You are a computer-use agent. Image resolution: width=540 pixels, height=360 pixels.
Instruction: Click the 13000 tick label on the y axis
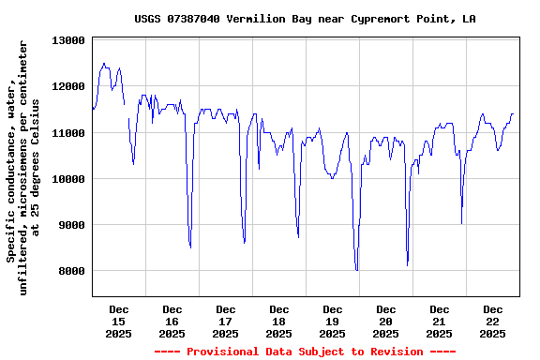(x=67, y=41)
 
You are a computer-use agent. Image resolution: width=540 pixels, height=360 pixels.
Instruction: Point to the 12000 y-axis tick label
(x=67, y=87)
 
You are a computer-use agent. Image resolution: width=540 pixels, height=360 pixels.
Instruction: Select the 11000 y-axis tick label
(x=67, y=133)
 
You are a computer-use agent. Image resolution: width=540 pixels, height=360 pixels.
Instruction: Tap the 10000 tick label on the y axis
(x=67, y=179)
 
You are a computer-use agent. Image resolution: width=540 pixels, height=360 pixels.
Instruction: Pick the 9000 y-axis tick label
(x=70, y=225)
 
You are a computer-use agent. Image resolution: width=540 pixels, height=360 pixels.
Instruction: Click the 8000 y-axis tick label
(x=70, y=271)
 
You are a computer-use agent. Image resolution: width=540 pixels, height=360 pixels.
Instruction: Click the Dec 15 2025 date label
(x=119, y=321)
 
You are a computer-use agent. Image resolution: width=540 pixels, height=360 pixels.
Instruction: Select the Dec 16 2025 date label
(x=172, y=321)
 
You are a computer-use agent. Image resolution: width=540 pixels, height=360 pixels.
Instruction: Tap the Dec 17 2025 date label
(x=226, y=321)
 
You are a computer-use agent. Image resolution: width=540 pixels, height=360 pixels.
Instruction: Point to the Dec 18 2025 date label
(x=279, y=321)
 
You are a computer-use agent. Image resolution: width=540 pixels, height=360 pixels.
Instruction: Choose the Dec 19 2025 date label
(x=333, y=321)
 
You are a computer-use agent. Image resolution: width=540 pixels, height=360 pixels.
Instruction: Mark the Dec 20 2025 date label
(x=386, y=321)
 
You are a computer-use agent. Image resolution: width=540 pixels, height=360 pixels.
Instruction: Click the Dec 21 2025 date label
(x=440, y=321)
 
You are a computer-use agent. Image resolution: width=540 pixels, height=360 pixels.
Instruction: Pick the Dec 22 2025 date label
(x=493, y=321)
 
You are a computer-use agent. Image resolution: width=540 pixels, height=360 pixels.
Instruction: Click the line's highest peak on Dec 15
(x=104, y=64)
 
